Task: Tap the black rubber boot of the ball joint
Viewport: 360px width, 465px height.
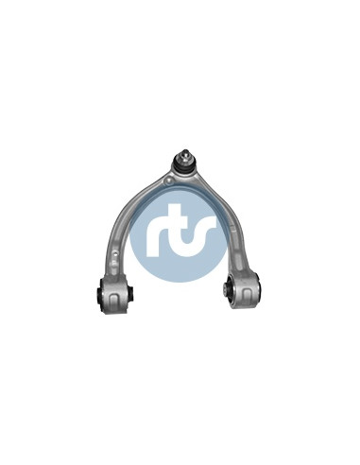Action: [183, 165]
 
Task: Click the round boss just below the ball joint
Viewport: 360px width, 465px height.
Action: [169, 181]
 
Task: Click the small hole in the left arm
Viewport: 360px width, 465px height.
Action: [115, 252]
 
